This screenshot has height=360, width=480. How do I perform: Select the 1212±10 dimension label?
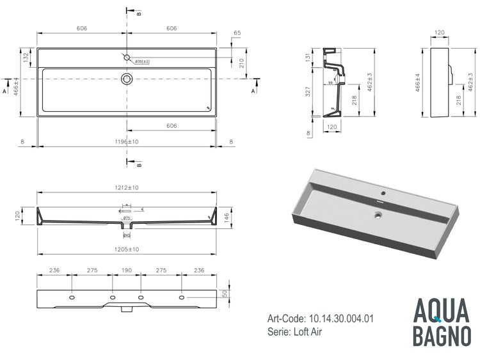click(128, 187)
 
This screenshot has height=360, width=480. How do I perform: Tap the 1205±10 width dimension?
click(128, 248)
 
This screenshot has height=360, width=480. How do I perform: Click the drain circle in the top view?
click(127, 79)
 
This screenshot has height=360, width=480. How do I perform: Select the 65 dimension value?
click(237, 32)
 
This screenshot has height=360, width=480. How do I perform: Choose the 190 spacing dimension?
click(127, 270)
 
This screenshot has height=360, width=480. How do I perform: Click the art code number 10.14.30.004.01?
click(340, 318)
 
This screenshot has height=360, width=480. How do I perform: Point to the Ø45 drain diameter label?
click(127, 234)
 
